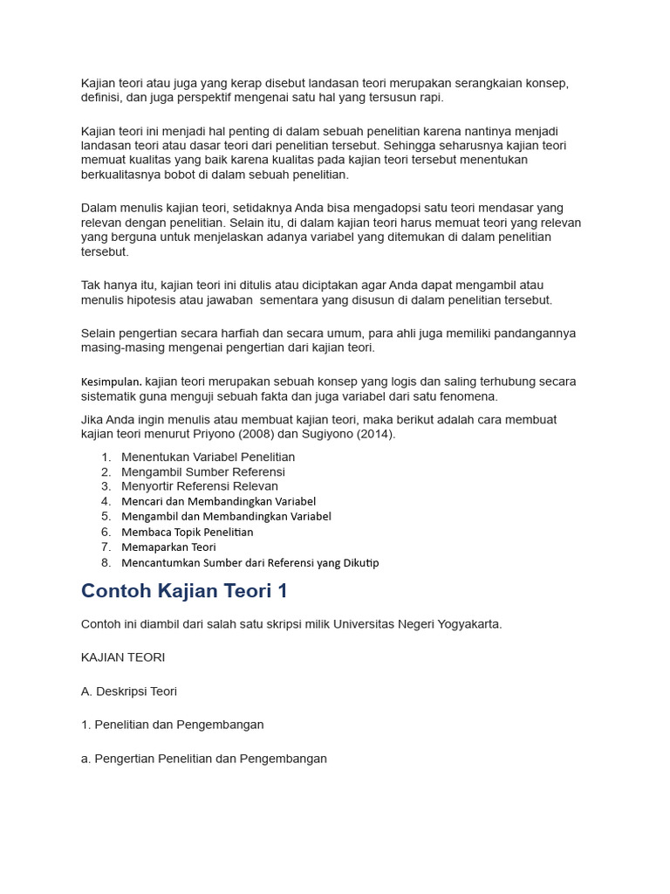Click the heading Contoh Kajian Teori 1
click(x=184, y=591)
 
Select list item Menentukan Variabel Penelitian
click(x=208, y=457)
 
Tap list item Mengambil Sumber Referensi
click(x=203, y=471)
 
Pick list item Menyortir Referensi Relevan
click(x=200, y=486)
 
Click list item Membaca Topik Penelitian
click(x=188, y=532)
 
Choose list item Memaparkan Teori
click(x=168, y=547)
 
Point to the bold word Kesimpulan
click(x=111, y=382)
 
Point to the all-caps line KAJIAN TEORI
click(x=123, y=657)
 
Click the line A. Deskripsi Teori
click(x=129, y=691)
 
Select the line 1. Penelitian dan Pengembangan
click(x=173, y=725)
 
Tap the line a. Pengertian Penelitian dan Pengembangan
click(x=204, y=759)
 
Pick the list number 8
click(x=106, y=563)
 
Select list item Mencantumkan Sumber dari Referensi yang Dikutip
click(x=250, y=563)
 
